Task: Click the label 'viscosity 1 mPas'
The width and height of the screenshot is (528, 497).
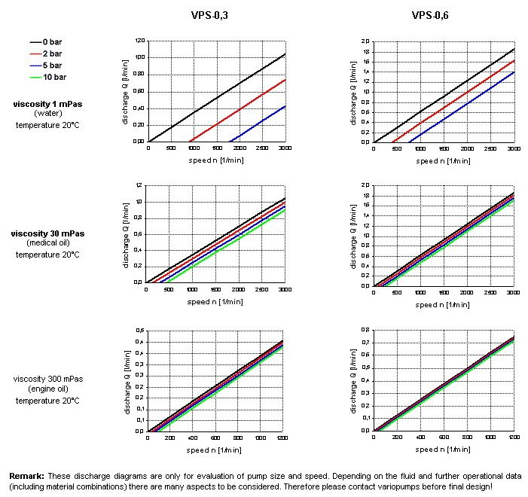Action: pyautogui.click(x=47, y=103)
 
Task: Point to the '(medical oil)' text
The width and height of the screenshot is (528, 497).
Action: pyautogui.click(x=47, y=243)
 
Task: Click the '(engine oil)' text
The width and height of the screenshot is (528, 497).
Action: pyautogui.click(x=47, y=389)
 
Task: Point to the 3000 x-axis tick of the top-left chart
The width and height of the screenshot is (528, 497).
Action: pyautogui.click(x=285, y=148)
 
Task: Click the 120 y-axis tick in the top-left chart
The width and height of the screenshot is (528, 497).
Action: pyautogui.click(x=139, y=41)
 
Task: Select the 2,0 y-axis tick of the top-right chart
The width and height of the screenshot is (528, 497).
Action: pyautogui.click(x=365, y=41)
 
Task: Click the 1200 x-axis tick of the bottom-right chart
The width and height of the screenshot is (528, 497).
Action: pyautogui.click(x=513, y=438)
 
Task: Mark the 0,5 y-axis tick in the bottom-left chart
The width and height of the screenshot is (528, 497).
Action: pyautogui.click(x=139, y=331)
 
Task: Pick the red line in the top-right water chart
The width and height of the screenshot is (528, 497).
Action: pyautogui.click(x=452, y=91)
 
